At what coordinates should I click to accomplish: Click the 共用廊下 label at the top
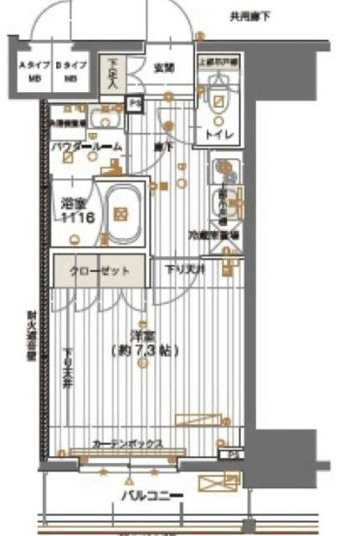click(250, 17)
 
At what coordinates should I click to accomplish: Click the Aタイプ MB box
click(28, 71)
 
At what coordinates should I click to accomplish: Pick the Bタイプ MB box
click(71, 71)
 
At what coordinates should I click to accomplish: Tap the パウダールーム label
click(86, 146)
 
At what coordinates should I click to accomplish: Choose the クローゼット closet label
click(100, 271)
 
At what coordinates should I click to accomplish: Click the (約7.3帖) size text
click(145, 351)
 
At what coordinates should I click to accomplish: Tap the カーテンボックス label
click(127, 444)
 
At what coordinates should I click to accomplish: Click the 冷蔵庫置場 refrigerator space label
click(214, 235)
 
